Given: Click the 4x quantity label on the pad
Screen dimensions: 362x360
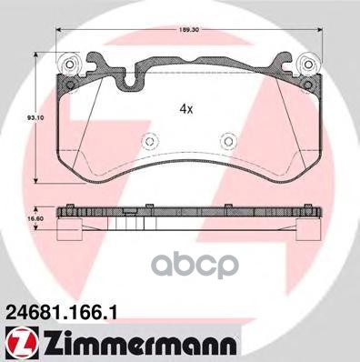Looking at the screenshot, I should click(x=185, y=108).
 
